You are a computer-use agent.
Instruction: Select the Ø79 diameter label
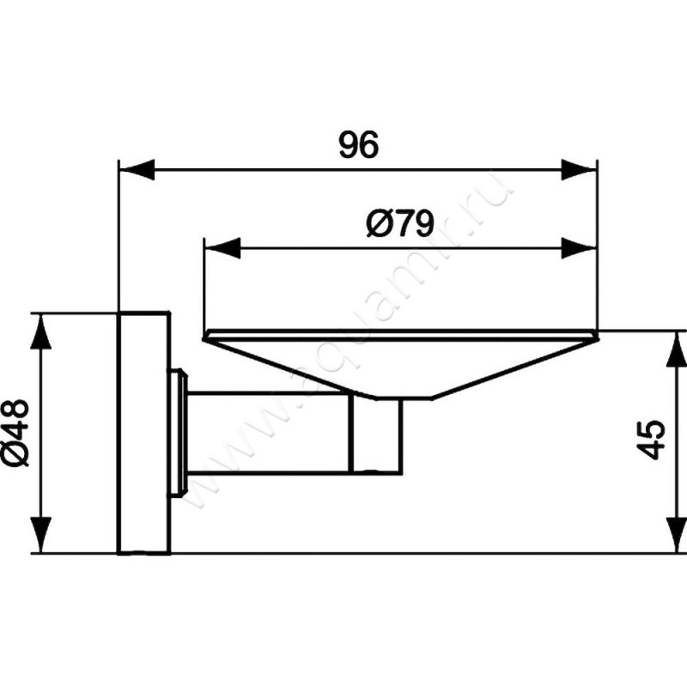398,225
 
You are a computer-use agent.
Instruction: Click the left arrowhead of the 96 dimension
136,168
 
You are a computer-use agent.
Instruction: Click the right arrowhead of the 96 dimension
579,168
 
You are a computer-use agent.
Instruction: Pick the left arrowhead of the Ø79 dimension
221,249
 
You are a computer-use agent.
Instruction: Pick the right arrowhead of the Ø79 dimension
579,249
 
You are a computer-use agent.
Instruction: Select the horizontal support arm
266,433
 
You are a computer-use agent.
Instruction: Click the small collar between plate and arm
179,432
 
